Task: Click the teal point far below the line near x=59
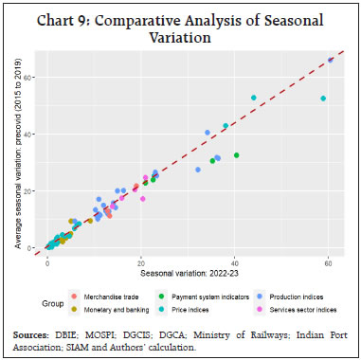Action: point(323,99)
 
